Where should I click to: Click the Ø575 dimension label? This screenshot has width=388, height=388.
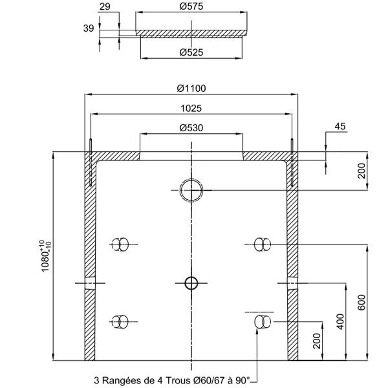[191, 6]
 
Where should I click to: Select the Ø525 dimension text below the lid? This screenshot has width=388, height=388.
[191, 52]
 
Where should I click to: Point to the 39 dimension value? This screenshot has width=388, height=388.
[89, 28]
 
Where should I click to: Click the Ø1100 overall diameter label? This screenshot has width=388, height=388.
[191, 89]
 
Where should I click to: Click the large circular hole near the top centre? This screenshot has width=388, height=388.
[191, 190]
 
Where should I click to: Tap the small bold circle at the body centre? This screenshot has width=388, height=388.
[191, 283]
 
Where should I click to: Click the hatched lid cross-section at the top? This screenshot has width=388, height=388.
[191, 33]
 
